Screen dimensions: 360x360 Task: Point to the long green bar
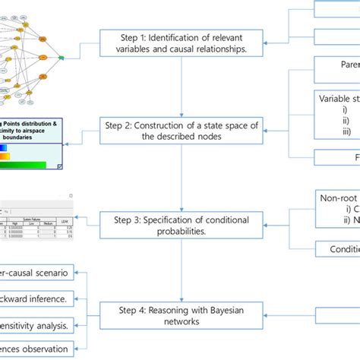(x=23, y=165)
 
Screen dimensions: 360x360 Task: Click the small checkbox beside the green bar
(x=61, y=166)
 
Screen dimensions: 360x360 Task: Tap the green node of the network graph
(x=61, y=57)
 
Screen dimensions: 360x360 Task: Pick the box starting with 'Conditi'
(x=337, y=249)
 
